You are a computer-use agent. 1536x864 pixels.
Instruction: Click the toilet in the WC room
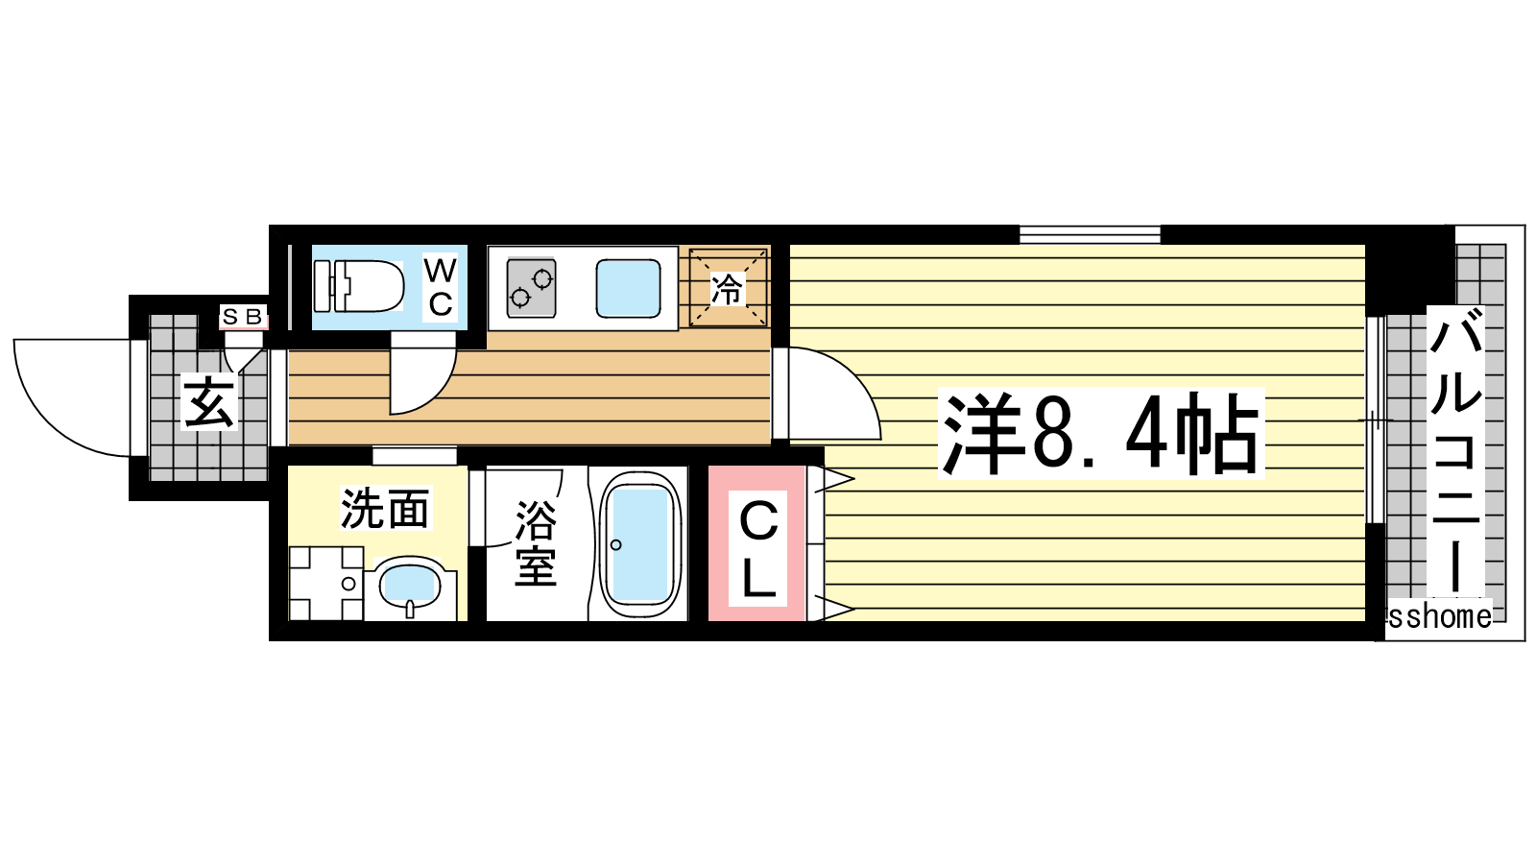(x=358, y=286)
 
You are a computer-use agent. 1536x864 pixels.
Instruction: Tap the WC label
(x=440, y=287)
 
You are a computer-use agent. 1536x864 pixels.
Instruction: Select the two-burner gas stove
(x=531, y=287)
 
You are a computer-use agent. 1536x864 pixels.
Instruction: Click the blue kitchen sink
(x=628, y=288)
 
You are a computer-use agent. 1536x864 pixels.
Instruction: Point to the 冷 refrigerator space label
(x=727, y=288)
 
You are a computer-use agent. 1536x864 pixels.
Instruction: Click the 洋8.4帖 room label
(x=1100, y=433)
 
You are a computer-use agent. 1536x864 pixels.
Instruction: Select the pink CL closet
(x=757, y=543)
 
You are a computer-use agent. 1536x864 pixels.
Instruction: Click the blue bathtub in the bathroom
(x=640, y=543)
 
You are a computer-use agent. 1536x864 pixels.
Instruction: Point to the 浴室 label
(x=536, y=543)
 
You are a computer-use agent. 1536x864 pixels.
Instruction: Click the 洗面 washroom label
(x=385, y=508)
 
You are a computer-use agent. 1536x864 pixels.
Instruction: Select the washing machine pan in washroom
(x=325, y=584)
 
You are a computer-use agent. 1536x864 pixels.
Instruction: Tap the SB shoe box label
(x=243, y=317)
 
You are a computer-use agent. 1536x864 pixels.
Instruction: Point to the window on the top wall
(x=1090, y=234)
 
